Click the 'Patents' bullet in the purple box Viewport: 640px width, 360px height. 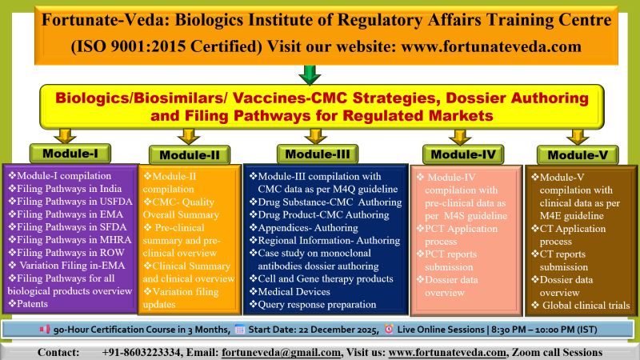pos(31,304)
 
